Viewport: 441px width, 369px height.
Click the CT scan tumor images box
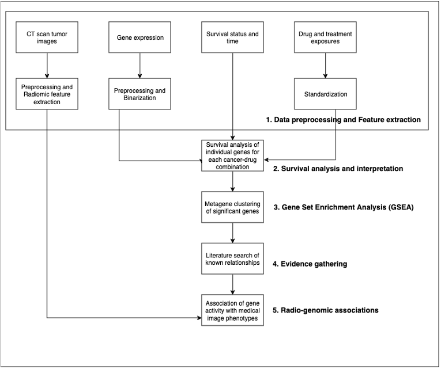pos(47,37)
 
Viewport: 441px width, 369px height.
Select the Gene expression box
pos(140,37)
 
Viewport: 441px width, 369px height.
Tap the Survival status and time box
pos(232,37)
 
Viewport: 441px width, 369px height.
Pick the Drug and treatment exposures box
pos(325,37)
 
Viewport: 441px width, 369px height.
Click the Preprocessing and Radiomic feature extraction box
pos(47,94)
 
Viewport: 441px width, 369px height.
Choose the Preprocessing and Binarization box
pos(140,94)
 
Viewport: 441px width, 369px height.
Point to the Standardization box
pos(325,94)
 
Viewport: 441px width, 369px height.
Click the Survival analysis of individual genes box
pos(232,155)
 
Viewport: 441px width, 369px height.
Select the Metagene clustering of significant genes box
pos(232,207)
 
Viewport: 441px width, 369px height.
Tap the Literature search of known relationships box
pos(232,258)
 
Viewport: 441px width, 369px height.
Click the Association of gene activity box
pos(232,310)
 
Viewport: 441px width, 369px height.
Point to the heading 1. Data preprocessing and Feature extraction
pos(344,120)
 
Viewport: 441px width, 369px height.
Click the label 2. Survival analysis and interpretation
pos(338,169)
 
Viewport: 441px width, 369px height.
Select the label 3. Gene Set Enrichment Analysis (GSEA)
pos(344,208)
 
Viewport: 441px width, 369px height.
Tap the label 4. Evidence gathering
pos(310,264)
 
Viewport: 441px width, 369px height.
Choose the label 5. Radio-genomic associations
pos(326,310)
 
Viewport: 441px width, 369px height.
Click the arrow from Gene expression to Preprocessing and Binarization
pos(140,66)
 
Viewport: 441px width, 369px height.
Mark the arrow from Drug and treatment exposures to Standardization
pos(325,66)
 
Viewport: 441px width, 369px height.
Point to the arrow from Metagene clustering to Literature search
pos(232,233)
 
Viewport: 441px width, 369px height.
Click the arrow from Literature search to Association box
pos(232,284)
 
